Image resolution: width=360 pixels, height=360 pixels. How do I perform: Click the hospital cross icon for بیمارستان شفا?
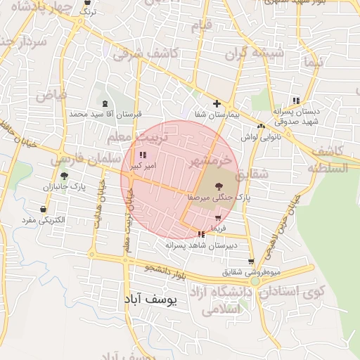click(217, 104)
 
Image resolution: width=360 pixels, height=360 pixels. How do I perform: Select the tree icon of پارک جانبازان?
click(65, 176)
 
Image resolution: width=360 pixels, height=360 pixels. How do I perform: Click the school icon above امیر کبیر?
click(143, 155)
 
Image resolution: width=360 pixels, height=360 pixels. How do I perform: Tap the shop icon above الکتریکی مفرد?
click(44, 210)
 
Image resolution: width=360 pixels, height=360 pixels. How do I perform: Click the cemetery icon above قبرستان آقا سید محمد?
click(105, 103)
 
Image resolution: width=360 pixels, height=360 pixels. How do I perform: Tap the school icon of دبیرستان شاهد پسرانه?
click(202, 234)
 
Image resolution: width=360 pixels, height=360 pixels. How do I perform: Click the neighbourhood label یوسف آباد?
click(150, 299)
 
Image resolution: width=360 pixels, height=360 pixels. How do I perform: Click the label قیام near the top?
click(200, 25)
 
